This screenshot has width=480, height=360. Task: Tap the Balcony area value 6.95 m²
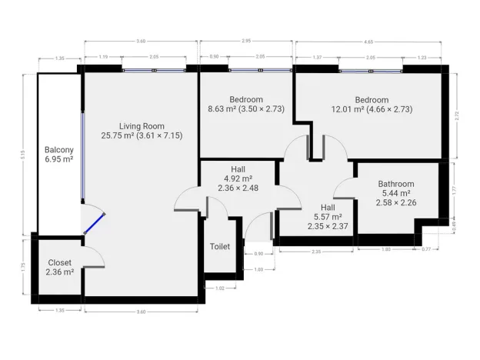coord(58,159)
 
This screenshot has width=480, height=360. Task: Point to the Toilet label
coord(220,247)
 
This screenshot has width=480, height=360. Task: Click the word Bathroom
coord(396,184)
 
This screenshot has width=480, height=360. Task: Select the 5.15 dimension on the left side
coord(24,154)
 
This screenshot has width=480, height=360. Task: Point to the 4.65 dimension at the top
coord(367,40)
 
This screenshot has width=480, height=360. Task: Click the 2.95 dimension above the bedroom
coord(246,40)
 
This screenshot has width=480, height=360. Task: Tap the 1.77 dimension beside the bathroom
coord(455,189)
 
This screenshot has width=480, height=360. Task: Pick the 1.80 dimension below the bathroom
coord(386,250)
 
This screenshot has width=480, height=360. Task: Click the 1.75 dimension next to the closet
coord(24,267)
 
